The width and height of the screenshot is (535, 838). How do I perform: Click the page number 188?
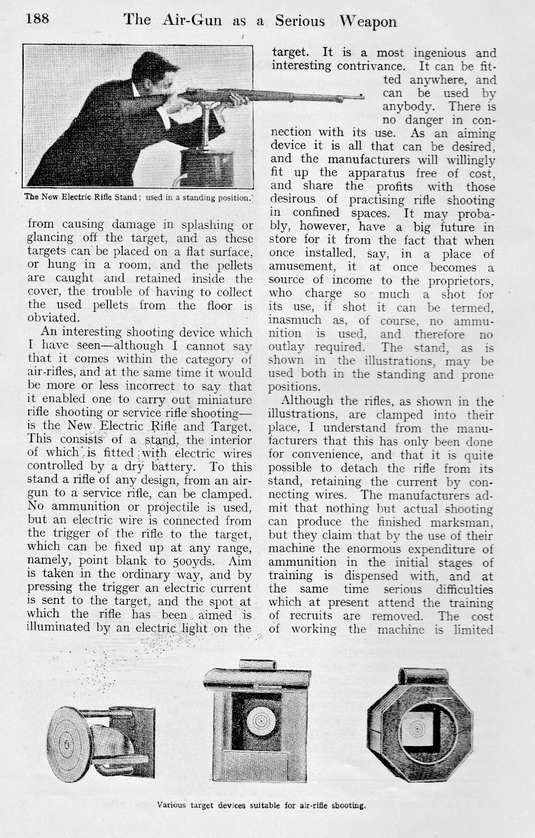[x=38, y=19]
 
